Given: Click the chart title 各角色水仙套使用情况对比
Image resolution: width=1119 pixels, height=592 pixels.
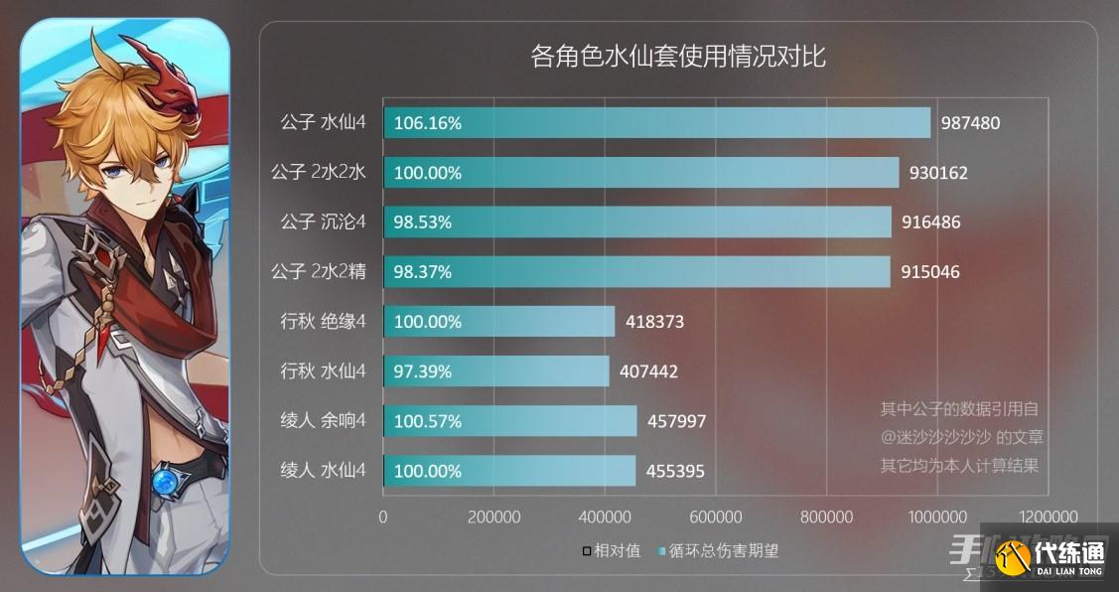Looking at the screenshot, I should (678, 56).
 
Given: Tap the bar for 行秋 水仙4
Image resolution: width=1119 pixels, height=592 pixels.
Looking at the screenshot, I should (496, 370).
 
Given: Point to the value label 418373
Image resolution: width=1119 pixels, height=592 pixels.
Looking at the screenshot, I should (655, 322).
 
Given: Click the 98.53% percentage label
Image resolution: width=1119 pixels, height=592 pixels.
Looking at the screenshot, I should (423, 222).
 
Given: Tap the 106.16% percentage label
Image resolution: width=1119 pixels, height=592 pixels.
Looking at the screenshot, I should (428, 123).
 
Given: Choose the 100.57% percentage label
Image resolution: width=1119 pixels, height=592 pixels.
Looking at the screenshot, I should (428, 421).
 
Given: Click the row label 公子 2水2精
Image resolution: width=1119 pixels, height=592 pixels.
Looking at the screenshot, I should (319, 271).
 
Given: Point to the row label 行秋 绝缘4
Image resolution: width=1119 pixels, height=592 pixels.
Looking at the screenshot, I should (324, 321).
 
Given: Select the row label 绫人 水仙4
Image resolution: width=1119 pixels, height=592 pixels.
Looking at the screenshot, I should (324, 470).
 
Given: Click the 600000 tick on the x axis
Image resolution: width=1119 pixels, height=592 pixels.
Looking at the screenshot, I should (716, 517).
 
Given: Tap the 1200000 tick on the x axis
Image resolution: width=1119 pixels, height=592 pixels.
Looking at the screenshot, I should (1049, 517).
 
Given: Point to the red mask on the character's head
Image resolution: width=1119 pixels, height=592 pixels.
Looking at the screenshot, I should (169, 74).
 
